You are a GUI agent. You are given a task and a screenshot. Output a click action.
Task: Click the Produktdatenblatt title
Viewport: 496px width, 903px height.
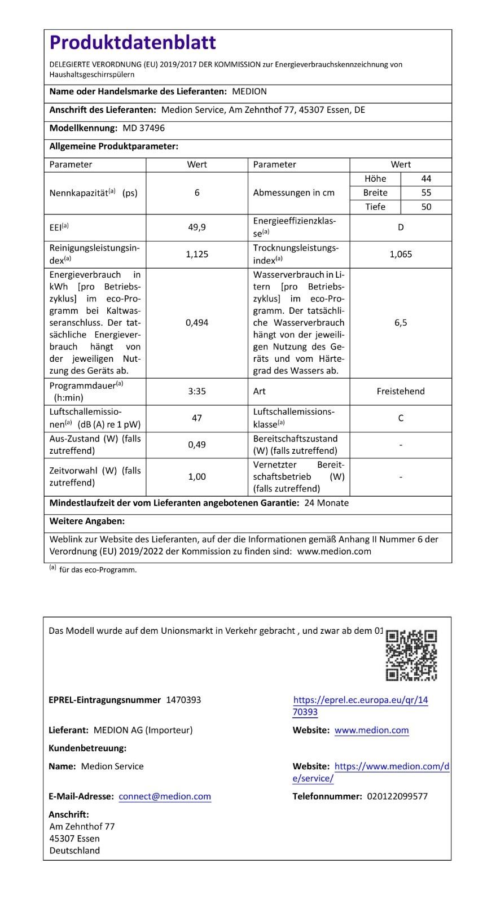(x=133, y=42)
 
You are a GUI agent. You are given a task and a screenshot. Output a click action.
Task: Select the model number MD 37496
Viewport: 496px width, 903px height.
(x=143, y=128)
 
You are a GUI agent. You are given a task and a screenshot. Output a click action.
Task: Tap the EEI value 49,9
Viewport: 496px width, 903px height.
(x=196, y=227)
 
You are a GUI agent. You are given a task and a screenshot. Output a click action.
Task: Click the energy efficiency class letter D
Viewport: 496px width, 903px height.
(x=401, y=227)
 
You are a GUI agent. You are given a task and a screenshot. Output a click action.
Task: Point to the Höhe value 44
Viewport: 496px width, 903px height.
(x=426, y=178)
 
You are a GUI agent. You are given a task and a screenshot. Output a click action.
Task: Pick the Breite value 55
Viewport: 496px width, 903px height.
(x=426, y=192)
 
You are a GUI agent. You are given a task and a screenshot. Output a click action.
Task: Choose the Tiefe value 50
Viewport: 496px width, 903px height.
(x=426, y=207)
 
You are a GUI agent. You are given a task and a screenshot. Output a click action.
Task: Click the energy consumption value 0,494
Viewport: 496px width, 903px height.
(x=196, y=323)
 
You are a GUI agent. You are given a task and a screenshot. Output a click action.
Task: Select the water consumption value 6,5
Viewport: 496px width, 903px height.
(x=401, y=323)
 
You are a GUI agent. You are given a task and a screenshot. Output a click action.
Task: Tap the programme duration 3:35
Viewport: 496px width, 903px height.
(x=196, y=391)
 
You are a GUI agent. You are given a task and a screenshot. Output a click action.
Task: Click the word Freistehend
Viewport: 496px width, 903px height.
(x=401, y=391)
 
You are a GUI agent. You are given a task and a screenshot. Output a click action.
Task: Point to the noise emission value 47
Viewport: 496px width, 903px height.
(x=196, y=418)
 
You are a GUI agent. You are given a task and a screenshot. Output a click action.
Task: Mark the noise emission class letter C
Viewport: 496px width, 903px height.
(x=401, y=418)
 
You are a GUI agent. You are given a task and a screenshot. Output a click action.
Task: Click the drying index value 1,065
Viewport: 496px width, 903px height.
(x=401, y=254)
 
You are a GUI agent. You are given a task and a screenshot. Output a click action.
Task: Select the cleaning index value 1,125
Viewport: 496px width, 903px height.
(x=196, y=254)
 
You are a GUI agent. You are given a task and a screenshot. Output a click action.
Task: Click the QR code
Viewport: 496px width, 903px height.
(x=411, y=655)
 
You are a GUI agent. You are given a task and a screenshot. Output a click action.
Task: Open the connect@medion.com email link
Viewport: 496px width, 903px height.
(x=165, y=796)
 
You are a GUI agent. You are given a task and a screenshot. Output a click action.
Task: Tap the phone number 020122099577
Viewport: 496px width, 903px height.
(x=397, y=796)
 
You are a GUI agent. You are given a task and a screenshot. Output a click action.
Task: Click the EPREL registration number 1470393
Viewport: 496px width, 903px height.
(x=183, y=700)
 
